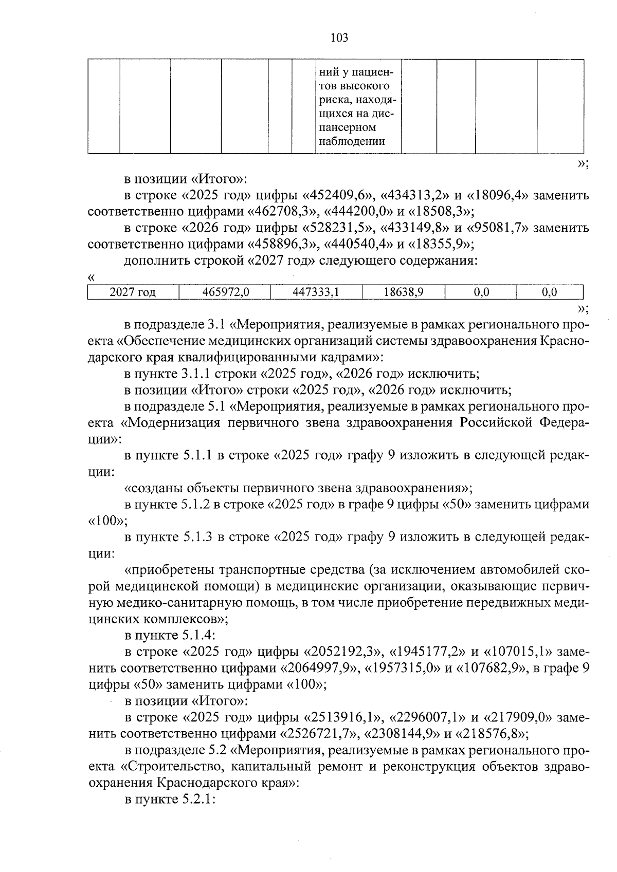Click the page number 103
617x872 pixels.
pyautogui.click(x=339, y=38)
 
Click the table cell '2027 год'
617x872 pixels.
pyautogui.click(x=133, y=292)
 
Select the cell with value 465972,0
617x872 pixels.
pyautogui.click(x=225, y=292)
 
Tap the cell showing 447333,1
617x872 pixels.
pyautogui.click(x=316, y=292)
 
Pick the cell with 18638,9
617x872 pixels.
pyautogui.click(x=404, y=292)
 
